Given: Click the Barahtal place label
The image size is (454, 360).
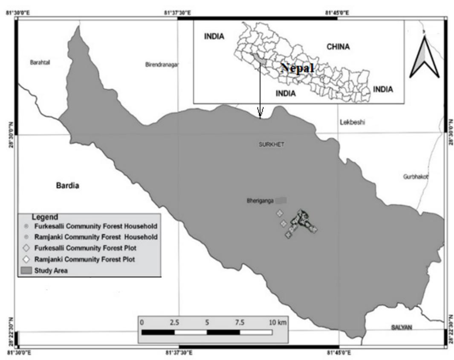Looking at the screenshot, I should pos(40,62).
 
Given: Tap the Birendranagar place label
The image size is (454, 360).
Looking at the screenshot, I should pos(162,64).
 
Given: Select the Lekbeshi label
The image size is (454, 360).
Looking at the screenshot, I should pos(353,122).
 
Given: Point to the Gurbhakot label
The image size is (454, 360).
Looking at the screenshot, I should pos(415,176).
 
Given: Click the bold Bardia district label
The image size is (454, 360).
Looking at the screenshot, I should pos(68,186).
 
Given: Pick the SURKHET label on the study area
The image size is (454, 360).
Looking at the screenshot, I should pos(271,145).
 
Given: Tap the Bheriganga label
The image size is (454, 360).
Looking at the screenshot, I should pos(259,200).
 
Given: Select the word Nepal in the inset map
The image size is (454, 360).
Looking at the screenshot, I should pos(297,68).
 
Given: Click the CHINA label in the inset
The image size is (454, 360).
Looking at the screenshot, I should pos(338,46).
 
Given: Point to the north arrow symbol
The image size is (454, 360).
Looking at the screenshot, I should pos(424,57).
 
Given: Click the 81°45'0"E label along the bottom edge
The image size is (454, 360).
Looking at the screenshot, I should pos(338,353).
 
